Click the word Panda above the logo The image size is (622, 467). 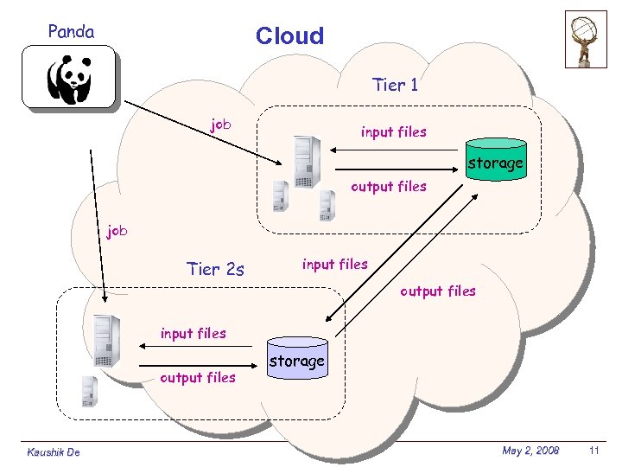click(71, 32)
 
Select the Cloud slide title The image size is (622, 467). click(289, 35)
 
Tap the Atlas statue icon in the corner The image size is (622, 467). click(586, 39)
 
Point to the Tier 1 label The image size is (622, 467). click(395, 85)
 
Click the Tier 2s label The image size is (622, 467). click(215, 269)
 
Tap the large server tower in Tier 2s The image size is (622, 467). click(105, 341)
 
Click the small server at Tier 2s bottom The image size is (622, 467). click(88, 391)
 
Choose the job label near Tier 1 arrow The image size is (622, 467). click(221, 125)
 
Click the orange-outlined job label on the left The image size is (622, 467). click(117, 231)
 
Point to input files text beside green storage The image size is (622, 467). click(393, 131)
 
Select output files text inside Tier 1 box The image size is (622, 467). click(388, 186)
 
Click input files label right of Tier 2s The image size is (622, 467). click(334, 264)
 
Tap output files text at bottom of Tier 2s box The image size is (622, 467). click(198, 377)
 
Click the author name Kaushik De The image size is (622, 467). click(54, 451)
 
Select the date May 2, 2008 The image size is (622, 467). click(530, 451)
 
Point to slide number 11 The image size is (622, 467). click(593, 451)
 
